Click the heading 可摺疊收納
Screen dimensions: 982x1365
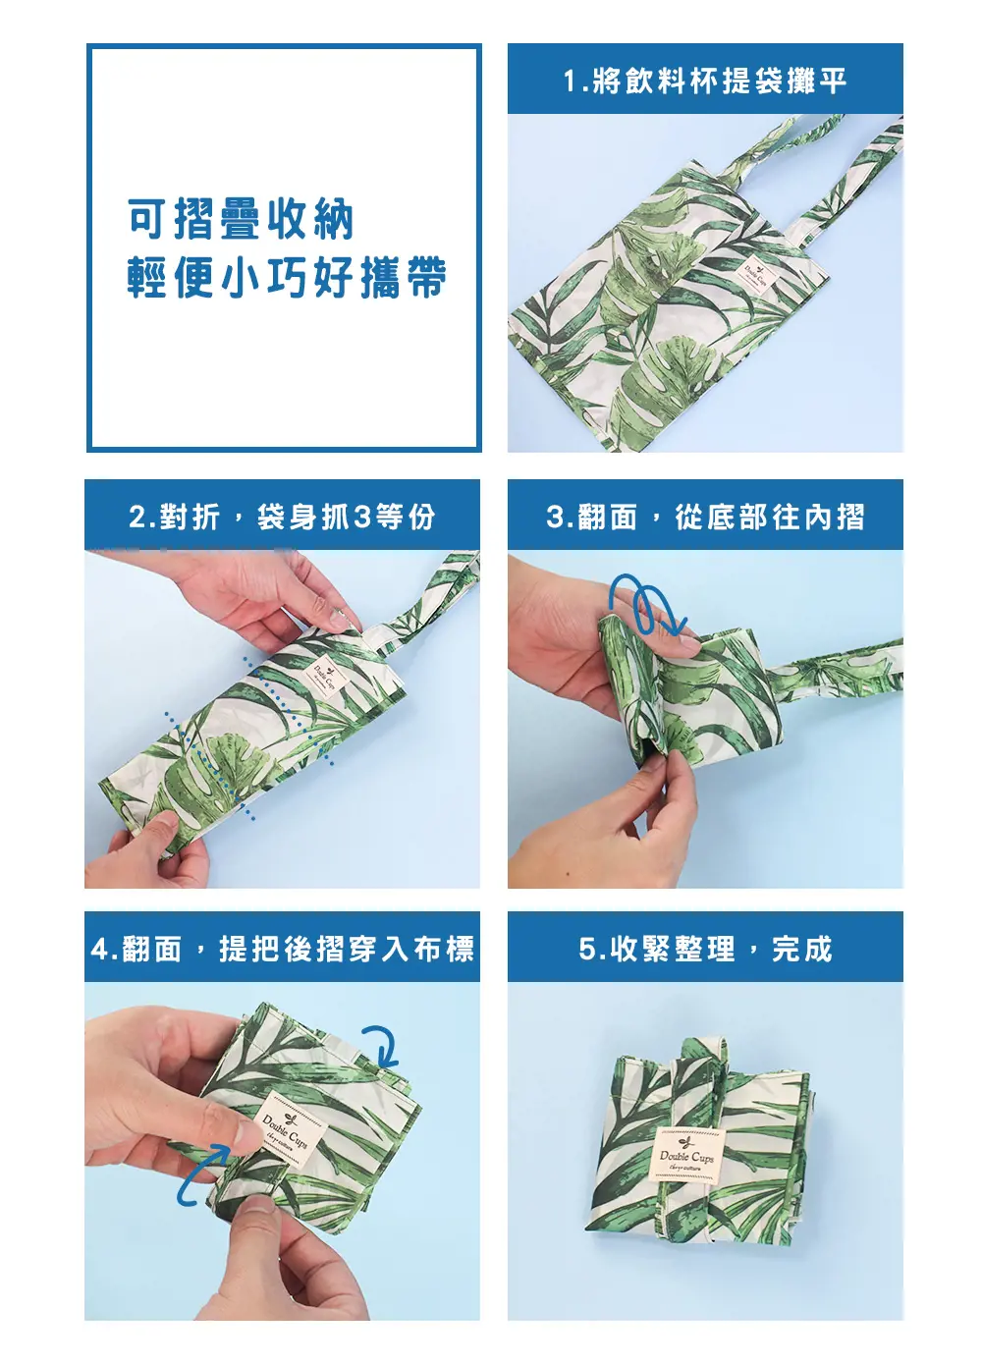click(241, 219)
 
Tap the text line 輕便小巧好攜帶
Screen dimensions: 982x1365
click(287, 277)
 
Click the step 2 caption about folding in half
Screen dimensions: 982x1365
click(282, 518)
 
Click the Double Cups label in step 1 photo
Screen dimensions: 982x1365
click(756, 277)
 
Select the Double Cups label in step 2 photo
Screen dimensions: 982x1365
click(323, 677)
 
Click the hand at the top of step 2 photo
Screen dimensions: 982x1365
click(244, 594)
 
